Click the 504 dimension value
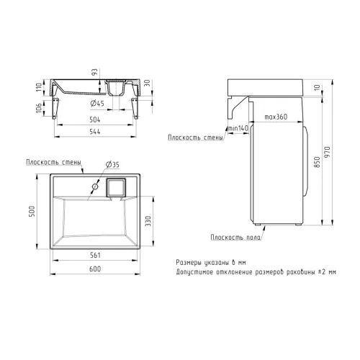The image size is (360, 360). click(x=95, y=120)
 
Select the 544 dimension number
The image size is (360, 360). click(x=95, y=132)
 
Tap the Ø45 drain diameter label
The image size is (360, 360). click(x=97, y=104)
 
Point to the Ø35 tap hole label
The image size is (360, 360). click(x=112, y=165)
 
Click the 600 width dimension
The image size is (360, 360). click(x=95, y=269)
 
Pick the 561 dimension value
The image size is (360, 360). click(x=95, y=255)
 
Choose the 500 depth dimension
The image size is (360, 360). click(x=32, y=211)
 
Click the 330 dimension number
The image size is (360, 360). click(x=148, y=221)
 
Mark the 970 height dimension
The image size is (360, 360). click(x=328, y=152)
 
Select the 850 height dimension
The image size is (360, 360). click(x=317, y=162)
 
